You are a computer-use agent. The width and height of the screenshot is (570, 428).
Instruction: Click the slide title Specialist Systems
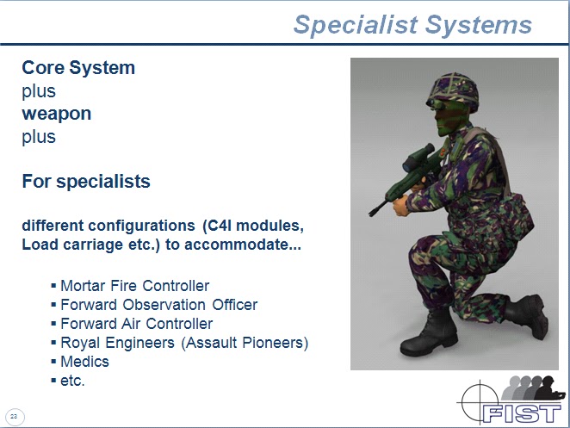[412, 24]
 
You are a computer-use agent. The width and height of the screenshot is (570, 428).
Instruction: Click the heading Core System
[78, 68]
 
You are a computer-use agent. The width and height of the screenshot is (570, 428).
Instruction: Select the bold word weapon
[56, 114]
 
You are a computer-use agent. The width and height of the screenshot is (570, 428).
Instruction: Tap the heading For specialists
[86, 182]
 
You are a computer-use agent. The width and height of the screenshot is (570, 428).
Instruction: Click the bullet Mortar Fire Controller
[134, 286]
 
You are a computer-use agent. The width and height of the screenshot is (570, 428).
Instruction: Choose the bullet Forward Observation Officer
[158, 305]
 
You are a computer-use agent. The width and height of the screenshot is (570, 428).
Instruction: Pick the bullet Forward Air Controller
[136, 324]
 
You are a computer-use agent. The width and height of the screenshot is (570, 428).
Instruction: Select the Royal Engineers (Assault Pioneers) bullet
[184, 343]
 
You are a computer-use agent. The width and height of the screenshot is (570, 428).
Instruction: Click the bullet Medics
[84, 362]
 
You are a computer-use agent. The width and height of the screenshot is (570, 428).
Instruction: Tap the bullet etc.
[72, 381]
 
